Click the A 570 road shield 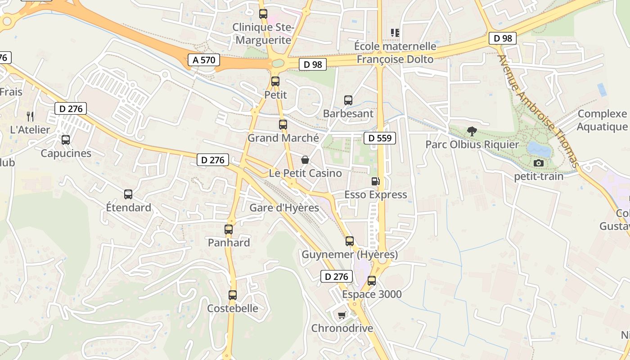tap(204, 60)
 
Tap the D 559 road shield tap(379, 138)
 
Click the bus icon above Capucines tap(66, 140)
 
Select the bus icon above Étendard tap(128, 194)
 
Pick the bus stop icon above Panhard tap(229, 229)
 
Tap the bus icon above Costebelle tap(232, 295)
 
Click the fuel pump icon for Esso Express tap(375, 181)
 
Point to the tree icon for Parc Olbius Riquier tap(472, 131)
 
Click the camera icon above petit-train tap(538, 163)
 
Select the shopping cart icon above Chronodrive tap(342, 315)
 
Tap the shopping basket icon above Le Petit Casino tap(305, 160)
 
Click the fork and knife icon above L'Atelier tap(30, 117)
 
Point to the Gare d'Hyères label tap(284, 208)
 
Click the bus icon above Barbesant tap(348, 100)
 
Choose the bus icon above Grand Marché tap(283, 125)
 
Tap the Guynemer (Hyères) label tap(350, 255)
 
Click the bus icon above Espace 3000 tap(371, 281)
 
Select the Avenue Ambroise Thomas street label tap(536, 109)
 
